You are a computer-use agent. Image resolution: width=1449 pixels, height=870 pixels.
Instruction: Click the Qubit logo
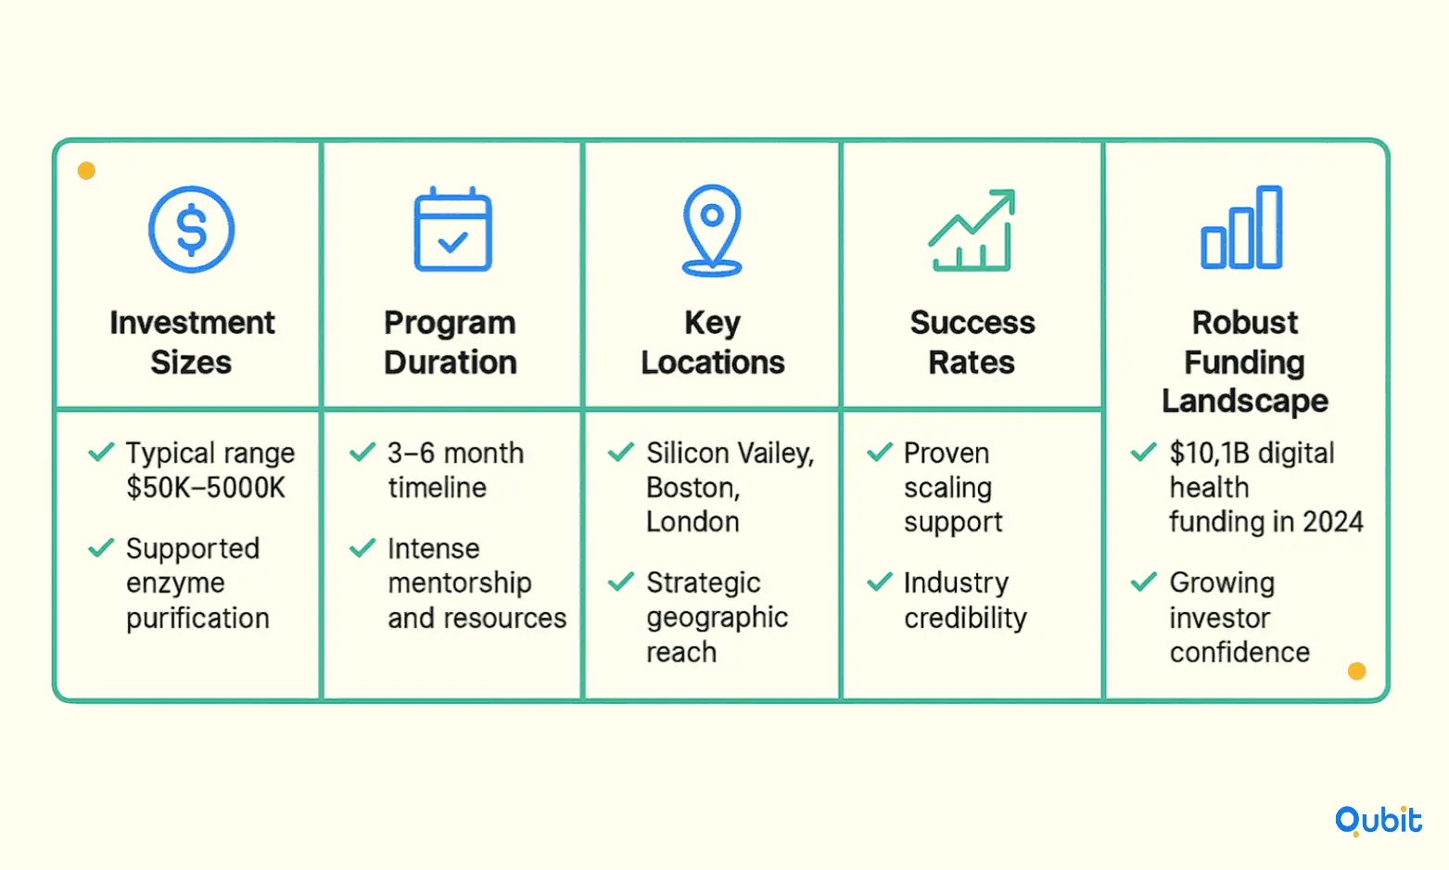pyautogui.click(x=1379, y=820)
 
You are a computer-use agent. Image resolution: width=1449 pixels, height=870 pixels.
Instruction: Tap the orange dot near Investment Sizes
pyautogui.click(x=86, y=171)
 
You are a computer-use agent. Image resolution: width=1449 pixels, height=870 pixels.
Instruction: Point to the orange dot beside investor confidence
pyautogui.click(x=1356, y=672)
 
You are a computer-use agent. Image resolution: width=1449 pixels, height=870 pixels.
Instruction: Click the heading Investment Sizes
pyautogui.click(x=192, y=341)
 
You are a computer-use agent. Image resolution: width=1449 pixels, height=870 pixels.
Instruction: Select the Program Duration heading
pyautogui.click(x=451, y=341)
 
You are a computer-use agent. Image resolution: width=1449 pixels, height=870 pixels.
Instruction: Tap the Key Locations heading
pyautogui.click(x=712, y=341)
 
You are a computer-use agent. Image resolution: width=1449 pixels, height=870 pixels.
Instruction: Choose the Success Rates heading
pyautogui.click(x=972, y=341)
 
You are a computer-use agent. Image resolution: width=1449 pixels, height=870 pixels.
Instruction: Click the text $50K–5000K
pyautogui.click(x=206, y=488)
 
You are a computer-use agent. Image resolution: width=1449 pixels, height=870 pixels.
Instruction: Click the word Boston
pyautogui.click(x=693, y=488)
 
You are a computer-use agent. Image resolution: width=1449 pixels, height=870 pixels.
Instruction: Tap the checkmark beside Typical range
pyautogui.click(x=102, y=451)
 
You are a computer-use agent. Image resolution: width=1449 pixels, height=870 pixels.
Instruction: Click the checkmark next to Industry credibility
pyautogui.click(x=880, y=582)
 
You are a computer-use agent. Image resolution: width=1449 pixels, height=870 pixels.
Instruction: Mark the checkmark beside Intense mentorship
pyautogui.click(x=362, y=547)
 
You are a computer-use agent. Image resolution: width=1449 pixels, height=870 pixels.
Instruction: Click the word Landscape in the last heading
pyautogui.click(x=1245, y=401)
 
